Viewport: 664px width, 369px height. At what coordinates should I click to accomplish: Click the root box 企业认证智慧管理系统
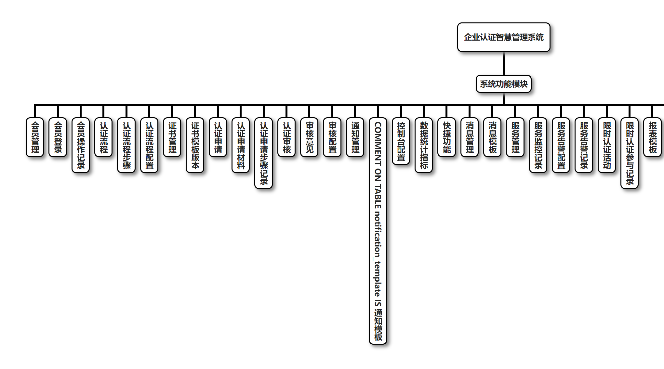pyautogui.click(x=503, y=37)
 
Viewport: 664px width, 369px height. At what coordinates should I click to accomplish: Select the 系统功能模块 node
pyautogui.click(x=503, y=84)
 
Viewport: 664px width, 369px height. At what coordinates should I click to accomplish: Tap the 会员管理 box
pyautogui.click(x=35, y=137)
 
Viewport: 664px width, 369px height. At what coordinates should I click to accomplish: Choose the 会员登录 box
pyautogui.click(x=58, y=137)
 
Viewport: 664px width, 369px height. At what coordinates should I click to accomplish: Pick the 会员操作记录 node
pyautogui.click(x=81, y=145)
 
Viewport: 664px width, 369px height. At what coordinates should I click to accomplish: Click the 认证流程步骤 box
pyautogui.click(x=126, y=145)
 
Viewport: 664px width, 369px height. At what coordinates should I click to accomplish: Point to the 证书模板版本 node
pyautogui.click(x=195, y=145)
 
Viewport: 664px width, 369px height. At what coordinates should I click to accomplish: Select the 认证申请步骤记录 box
pyautogui.click(x=264, y=153)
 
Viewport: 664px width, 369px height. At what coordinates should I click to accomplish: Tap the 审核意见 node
pyautogui.click(x=310, y=137)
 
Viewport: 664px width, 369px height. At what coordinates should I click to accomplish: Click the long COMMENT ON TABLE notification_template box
pyautogui.click(x=378, y=231)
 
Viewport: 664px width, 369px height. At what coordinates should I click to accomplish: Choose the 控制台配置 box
pyautogui.click(x=401, y=141)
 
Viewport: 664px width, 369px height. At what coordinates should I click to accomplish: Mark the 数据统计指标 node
pyautogui.click(x=424, y=145)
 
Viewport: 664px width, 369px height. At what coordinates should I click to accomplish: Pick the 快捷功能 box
pyautogui.click(x=447, y=137)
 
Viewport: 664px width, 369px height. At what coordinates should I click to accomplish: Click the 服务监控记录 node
pyautogui.click(x=538, y=145)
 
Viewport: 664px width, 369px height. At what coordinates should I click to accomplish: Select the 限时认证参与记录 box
pyautogui.click(x=630, y=153)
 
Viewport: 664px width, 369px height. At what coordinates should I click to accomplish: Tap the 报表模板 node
pyautogui.click(x=653, y=137)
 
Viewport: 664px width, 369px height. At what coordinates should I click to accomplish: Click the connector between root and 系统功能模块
pyautogui.click(x=503, y=64)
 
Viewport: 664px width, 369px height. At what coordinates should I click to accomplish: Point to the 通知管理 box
pyautogui.click(x=355, y=137)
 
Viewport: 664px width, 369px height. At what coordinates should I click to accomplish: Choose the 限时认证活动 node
pyautogui.click(x=607, y=145)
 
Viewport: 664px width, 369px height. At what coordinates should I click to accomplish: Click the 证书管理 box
pyautogui.click(x=172, y=137)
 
